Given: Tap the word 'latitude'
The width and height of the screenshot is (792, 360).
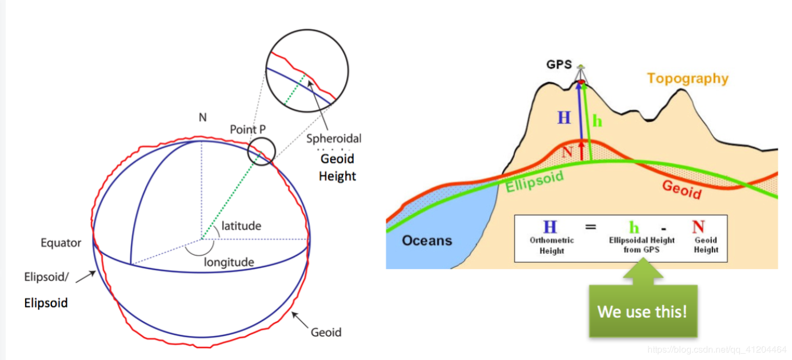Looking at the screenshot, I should (241, 226).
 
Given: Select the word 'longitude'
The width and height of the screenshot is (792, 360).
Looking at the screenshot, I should (229, 262).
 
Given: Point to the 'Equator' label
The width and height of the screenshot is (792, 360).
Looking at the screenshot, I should (61, 243).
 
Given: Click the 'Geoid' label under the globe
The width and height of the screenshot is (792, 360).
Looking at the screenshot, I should (326, 332).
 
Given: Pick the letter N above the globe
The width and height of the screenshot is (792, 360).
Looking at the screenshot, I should (202, 118).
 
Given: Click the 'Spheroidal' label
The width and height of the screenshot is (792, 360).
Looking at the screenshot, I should (334, 138).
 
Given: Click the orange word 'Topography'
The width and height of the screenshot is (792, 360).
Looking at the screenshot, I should (687, 78).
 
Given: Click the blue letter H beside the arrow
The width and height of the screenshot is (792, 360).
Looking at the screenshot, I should (564, 118).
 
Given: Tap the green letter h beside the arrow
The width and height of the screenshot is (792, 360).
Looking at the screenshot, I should (597, 121).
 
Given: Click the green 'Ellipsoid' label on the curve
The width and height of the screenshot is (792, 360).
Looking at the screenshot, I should (535, 181).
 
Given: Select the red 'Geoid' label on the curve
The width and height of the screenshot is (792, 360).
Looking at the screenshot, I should (681, 189).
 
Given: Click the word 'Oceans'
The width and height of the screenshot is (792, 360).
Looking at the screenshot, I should (427, 240).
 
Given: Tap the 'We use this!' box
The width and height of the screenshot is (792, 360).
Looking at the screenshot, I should (643, 311).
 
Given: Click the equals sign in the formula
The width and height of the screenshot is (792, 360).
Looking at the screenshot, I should (590, 227).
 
